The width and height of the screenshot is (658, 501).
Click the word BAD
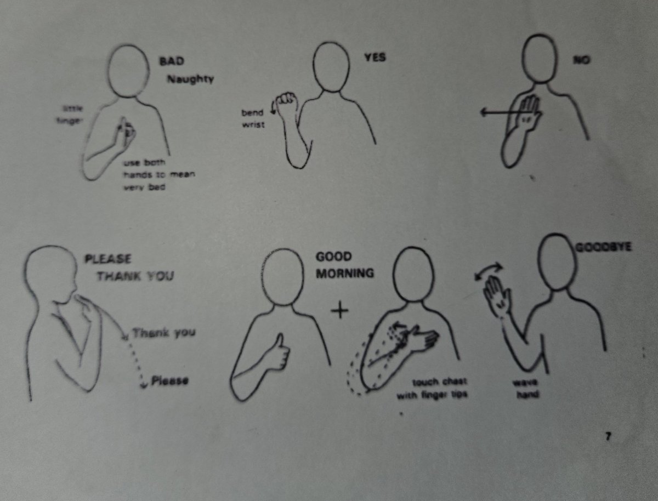pyautogui.click(x=172, y=61)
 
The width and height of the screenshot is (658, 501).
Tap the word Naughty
pyautogui.click(x=190, y=79)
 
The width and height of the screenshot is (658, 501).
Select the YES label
pyautogui.click(x=375, y=56)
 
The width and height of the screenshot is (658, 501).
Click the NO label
pyautogui.click(x=581, y=60)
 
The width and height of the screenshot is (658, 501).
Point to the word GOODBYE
pyautogui.click(x=604, y=247)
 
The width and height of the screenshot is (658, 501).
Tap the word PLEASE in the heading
pyautogui.click(x=108, y=259)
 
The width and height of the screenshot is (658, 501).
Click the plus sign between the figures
pyautogui.click(x=340, y=311)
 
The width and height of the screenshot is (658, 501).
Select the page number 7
pyautogui.click(x=608, y=437)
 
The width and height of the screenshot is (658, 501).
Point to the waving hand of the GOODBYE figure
pyautogui.click(x=497, y=296)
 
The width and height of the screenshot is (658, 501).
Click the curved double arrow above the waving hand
pyautogui.click(x=488, y=270)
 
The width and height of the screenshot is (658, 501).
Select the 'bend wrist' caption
pyautogui.click(x=253, y=119)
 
